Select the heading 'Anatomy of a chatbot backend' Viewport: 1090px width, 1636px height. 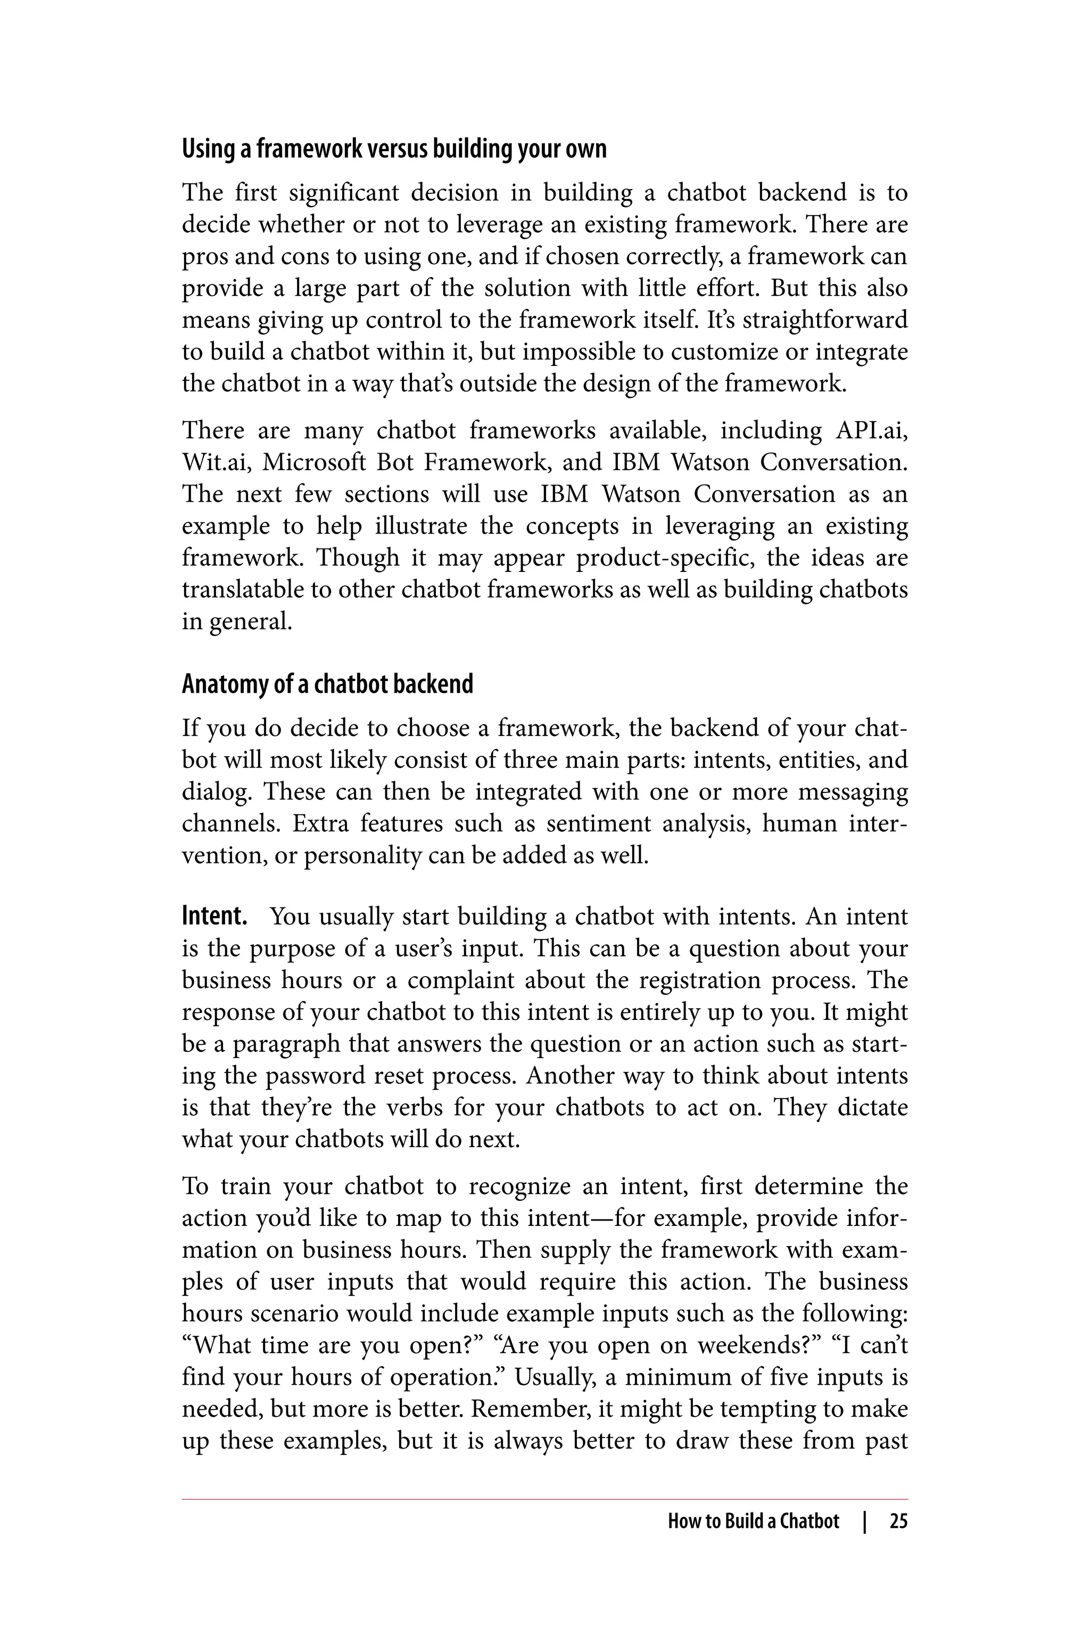[327, 684]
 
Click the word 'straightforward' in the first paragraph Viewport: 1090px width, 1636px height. [823, 320]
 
